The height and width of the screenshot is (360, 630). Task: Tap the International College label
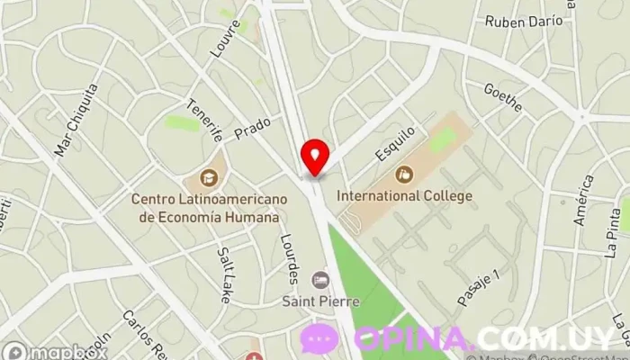pos(404,194)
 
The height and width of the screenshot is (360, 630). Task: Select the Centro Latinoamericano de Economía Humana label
pos(208,209)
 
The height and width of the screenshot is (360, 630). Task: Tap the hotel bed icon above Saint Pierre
pos(320,280)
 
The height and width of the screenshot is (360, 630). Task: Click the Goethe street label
pos(502,98)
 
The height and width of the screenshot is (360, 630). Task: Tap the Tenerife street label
pos(204,122)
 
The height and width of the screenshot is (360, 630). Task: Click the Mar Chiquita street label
pos(76,120)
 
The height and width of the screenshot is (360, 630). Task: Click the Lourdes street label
pos(289,256)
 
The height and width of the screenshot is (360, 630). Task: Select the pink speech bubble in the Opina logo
pos(319,338)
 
